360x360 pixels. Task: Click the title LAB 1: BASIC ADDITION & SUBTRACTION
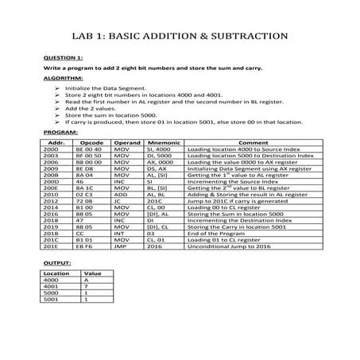tap(180, 37)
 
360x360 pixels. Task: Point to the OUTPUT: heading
tap(56, 261)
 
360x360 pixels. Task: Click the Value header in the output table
tap(92, 273)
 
